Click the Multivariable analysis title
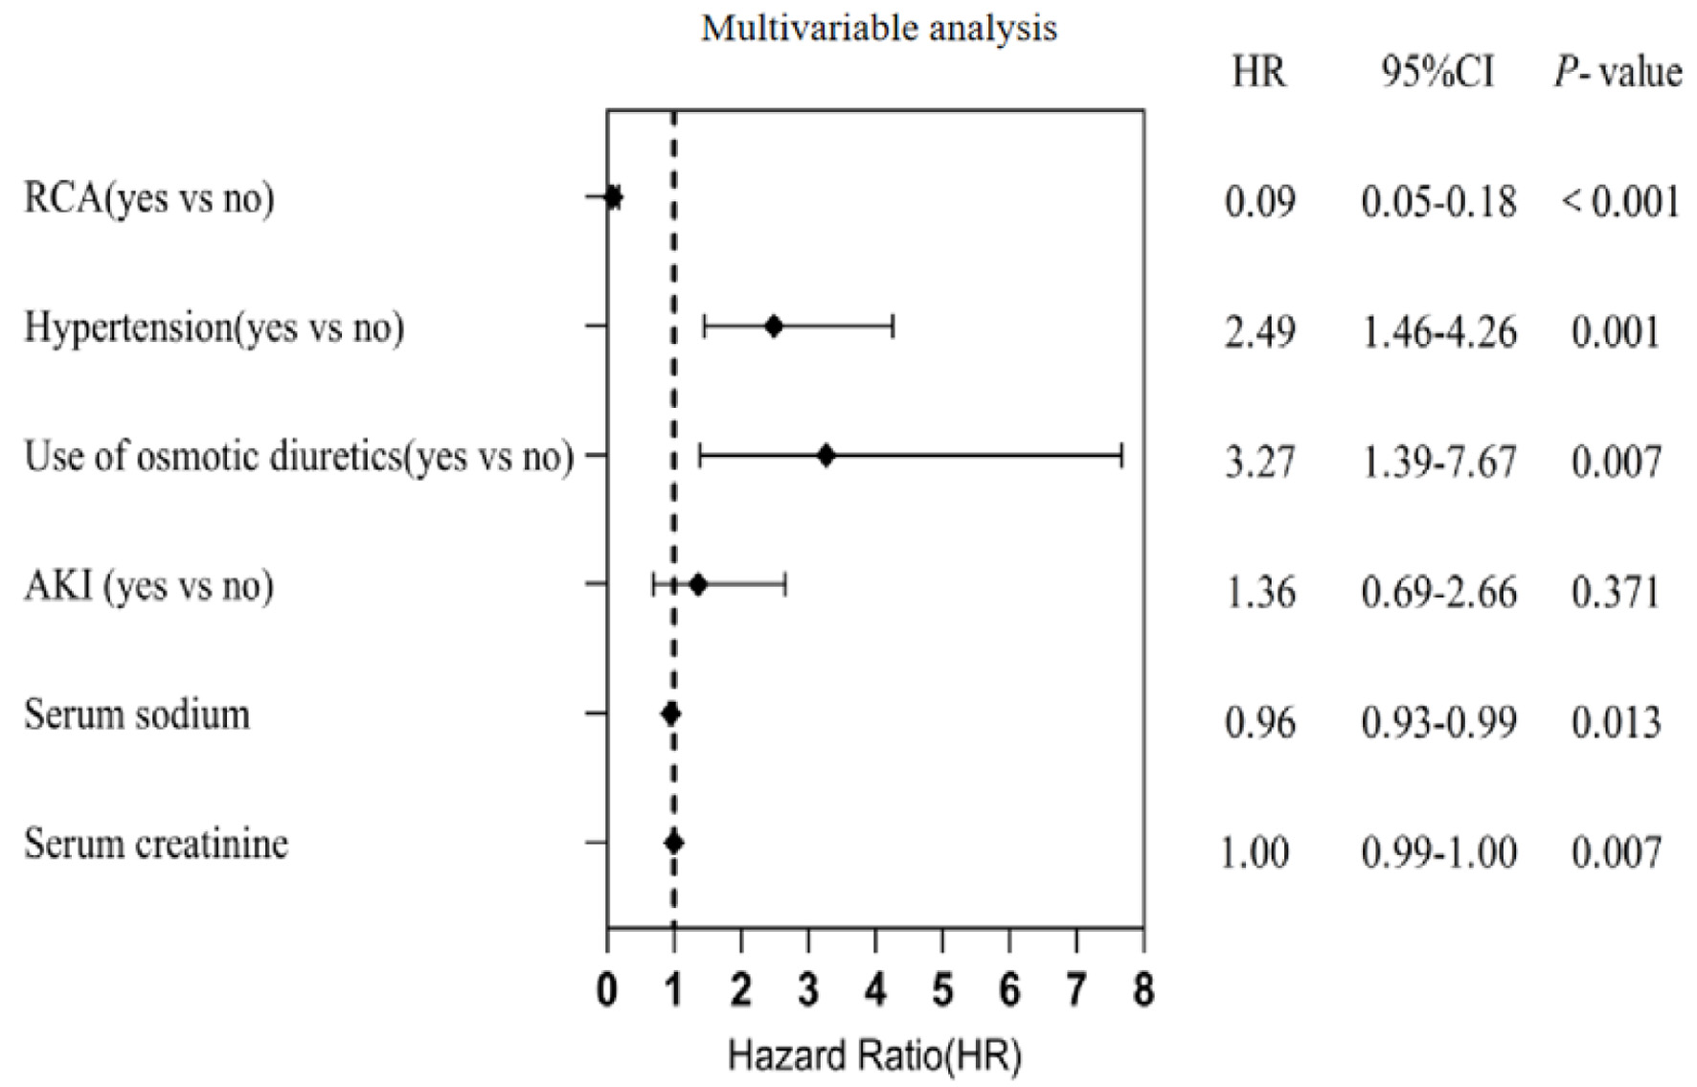879,29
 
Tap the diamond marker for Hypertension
774,327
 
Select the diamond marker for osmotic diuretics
826,456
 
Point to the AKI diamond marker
698,584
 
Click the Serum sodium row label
137,714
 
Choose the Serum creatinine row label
156,844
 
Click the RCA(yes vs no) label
149,198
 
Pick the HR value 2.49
1259,332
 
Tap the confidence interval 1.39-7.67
1438,462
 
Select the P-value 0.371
1616,592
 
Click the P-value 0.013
1616,721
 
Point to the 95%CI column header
1437,72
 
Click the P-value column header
1618,72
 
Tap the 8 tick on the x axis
1143,990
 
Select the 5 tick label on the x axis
942,990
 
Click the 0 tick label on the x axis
607,990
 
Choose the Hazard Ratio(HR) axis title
874,1055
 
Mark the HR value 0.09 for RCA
1259,202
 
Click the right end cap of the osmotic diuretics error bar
1121,456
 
